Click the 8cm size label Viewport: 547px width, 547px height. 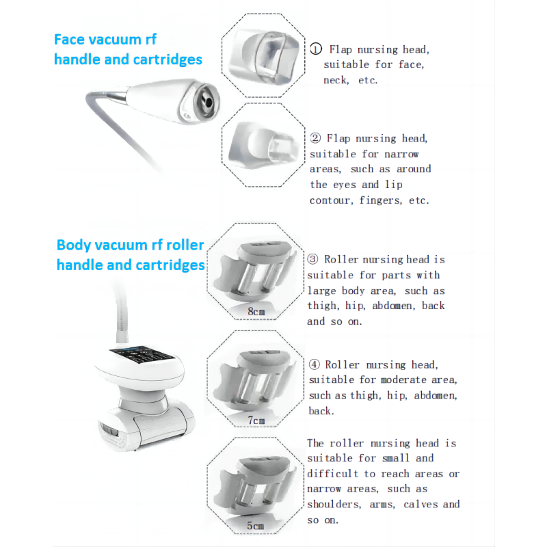click(256, 312)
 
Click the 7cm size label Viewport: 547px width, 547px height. click(256, 420)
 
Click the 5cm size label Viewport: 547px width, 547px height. click(256, 526)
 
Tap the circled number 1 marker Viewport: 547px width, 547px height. click(316, 49)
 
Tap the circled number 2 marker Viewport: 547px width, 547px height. click(316, 138)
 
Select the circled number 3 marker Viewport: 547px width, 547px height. click(313, 259)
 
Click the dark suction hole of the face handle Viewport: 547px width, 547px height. click(204, 101)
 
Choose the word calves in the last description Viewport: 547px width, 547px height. click(423, 504)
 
